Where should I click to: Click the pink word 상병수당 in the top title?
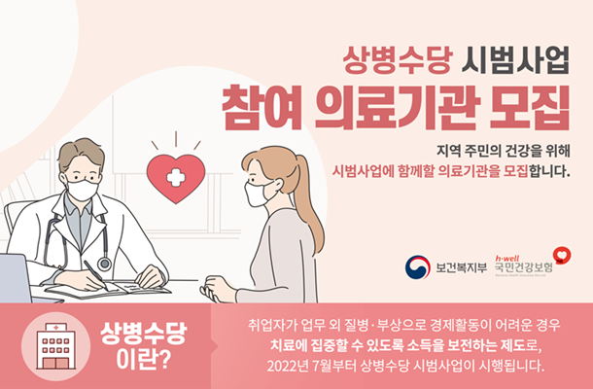[398, 60]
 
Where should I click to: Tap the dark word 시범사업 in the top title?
[515, 60]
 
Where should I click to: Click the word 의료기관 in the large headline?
[397, 108]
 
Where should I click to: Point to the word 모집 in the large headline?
[530, 108]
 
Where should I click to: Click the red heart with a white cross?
[176, 177]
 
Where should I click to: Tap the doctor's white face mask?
[82, 190]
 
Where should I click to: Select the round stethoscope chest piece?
[104, 264]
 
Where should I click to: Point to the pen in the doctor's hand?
[96, 275]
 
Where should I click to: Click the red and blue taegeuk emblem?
[417, 267]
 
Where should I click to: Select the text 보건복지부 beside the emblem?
[462, 267]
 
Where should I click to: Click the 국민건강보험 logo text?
[524, 267]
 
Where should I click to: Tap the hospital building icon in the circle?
[56, 346]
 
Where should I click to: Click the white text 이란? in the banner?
[143, 360]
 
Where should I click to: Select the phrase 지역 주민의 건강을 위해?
[503, 151]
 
